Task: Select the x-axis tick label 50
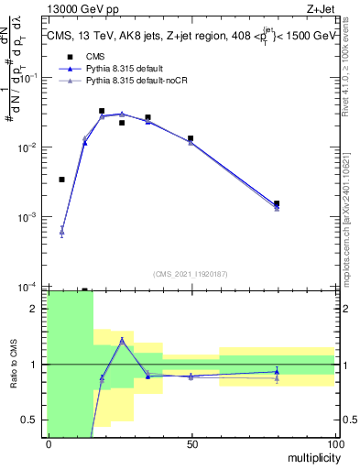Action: [191, 443]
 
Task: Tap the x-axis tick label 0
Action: [49, 443]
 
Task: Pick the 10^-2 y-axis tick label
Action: [28, 147]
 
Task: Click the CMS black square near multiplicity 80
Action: [277, 203]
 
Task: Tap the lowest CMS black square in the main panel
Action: [61, 180]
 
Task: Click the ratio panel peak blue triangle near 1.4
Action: [122, 340]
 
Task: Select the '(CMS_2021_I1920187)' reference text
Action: [191, 273]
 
